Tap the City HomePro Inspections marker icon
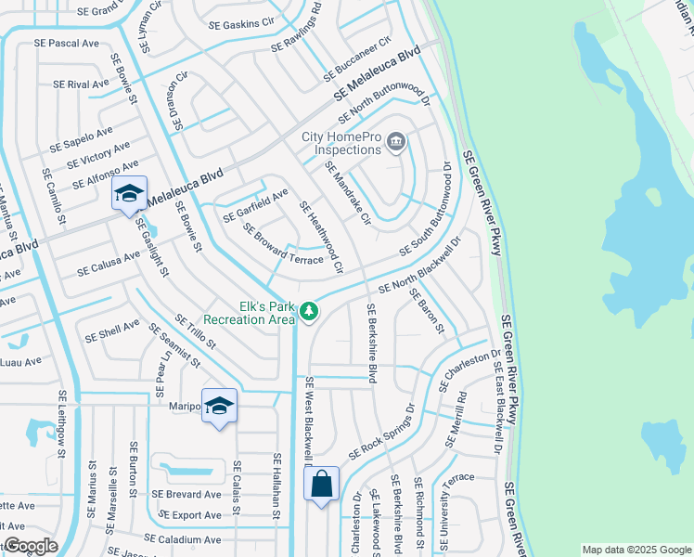tap(396, 142)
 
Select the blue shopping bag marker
tap(321, 484)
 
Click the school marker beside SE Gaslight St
tap(129, 193)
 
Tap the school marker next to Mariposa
tap(219, 406)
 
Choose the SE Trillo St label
tap(194, 330)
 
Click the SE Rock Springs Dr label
tap(381, 432)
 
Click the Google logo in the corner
tap(30, 546)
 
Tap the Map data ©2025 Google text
tap(636, 550)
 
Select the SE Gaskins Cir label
tap(242, 20)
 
